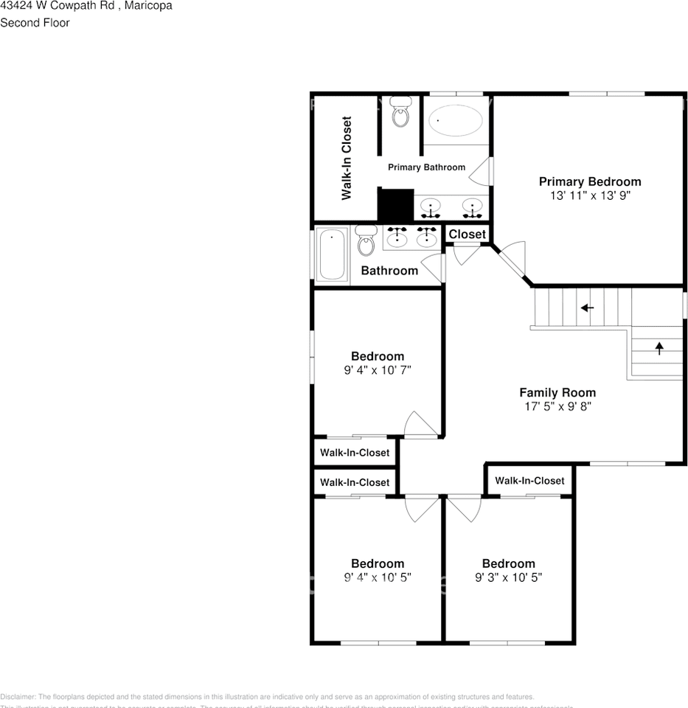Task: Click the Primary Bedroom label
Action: (589, 181)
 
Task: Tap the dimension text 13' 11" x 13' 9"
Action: (589, 195)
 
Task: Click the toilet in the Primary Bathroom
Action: (400, 113)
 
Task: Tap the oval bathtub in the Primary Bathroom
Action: (456, 121)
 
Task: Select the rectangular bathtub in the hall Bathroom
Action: (332, 254)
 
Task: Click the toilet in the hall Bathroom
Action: (366, 240)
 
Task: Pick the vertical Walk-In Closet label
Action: (346, 158)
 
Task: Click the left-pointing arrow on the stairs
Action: (587, 308)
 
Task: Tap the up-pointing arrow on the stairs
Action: (659, 348)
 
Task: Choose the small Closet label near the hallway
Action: (468, 234)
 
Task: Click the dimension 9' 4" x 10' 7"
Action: (377, 370)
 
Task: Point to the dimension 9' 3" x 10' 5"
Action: (508, 577)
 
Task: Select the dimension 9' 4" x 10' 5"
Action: (377, 577)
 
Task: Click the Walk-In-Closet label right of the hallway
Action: (529, 480)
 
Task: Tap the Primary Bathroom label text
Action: (426, 167)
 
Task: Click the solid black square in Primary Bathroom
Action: (395, 204)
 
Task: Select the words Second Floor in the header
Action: (35, 23)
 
